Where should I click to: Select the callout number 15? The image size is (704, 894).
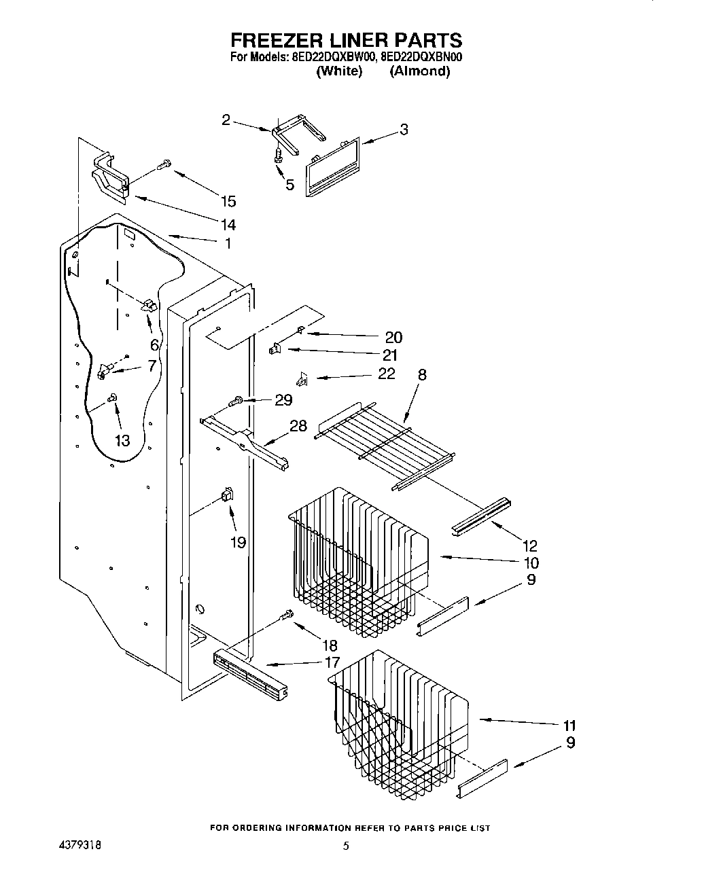point(228,201)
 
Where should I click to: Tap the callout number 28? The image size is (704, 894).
point(298,426)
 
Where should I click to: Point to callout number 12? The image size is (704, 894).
point(529,545)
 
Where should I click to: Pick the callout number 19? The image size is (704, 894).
point(238,543)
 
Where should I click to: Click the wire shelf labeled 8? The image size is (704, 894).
point(367,445)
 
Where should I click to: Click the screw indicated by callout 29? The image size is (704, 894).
point(239,402)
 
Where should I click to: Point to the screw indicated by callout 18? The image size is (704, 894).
point(287,615)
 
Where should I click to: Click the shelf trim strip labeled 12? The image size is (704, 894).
point(482,515)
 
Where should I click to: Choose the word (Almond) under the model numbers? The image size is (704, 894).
point(419,71)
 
